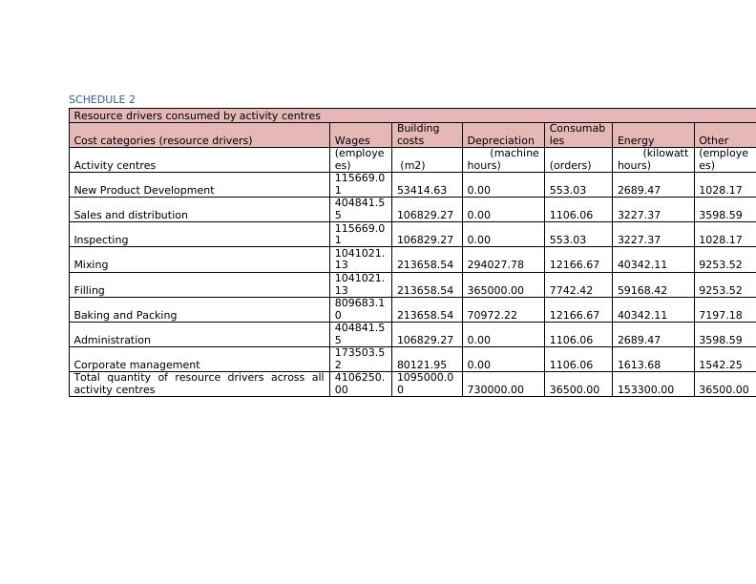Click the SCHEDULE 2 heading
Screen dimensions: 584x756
coord(102,99)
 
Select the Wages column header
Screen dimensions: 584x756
coord(352,140)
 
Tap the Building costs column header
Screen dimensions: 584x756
coord(418,134)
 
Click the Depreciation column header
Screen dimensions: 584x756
coord(500,140)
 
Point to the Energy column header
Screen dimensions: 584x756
coord(636,140)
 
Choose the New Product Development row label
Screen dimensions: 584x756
coord(144,190)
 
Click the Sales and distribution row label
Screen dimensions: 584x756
coord(131,215)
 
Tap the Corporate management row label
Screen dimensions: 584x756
coord(136,365)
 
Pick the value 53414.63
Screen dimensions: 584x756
coord(422,190)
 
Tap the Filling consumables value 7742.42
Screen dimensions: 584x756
coord(572,290)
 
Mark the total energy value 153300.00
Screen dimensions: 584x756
coord(645,389)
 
